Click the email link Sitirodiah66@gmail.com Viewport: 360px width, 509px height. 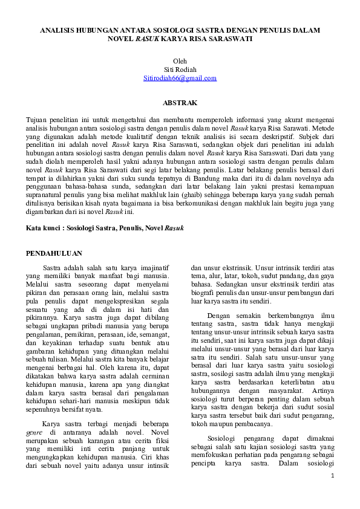180,78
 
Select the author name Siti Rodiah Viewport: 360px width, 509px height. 180,70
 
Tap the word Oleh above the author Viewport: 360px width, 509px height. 180,61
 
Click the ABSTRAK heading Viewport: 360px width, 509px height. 180,103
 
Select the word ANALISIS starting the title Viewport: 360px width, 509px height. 58,29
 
